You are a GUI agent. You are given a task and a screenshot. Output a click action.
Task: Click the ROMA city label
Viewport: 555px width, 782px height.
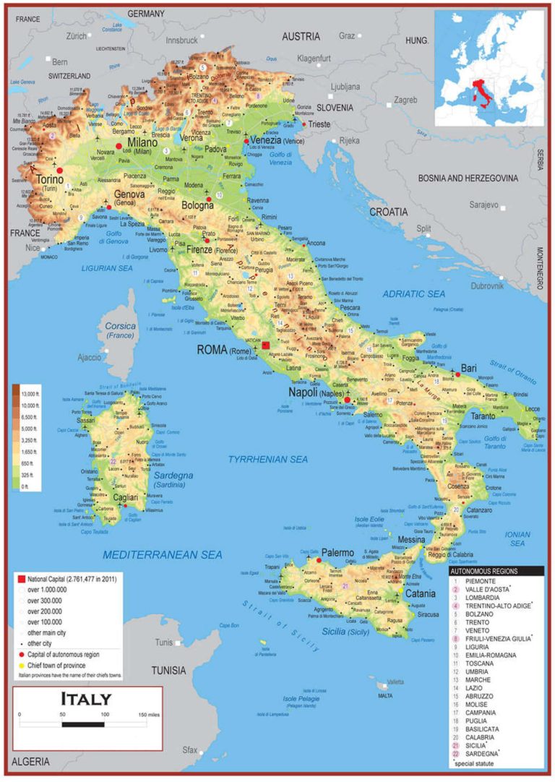[212, 351]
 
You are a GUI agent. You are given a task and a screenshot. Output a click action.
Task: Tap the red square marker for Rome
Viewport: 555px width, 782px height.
[266, 346]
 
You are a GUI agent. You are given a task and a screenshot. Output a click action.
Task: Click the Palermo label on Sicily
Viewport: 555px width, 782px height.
[337, 553]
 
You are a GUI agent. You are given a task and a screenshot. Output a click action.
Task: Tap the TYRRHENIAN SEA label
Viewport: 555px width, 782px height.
[267, 459]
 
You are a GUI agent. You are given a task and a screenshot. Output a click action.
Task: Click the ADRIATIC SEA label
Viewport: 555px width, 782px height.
[413, 294]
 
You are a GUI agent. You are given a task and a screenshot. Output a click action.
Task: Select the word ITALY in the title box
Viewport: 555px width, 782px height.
[86, 699]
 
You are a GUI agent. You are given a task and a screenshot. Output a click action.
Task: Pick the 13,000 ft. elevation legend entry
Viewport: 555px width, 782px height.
[34, 393]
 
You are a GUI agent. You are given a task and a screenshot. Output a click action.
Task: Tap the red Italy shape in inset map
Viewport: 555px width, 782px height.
[478, 95]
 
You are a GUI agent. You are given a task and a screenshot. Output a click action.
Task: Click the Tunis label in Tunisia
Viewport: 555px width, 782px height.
[164, 642]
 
